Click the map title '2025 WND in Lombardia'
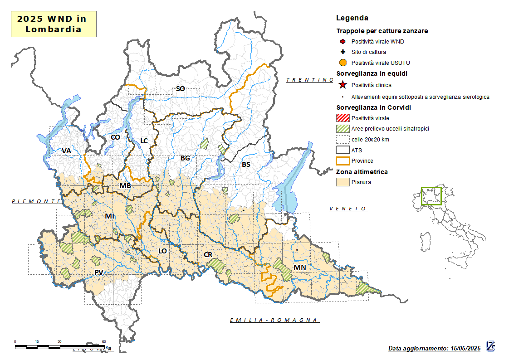(x=54, y=24)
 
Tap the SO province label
(x=180, y=89)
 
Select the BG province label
(x=185, y=158)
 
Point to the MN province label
(x=299, y=268)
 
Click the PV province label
(x=99, y=272)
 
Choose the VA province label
(x=66, y=151)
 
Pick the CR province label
(x=208, y=255)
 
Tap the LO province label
(x=162, y=251)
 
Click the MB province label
(x=125, y=186)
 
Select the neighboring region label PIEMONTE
(x=36, y=201)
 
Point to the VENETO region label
(x=348, y=209)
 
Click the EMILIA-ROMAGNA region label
(x=274, y=320)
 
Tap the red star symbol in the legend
(x=343, y=85)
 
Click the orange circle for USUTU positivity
(x=343, y=63)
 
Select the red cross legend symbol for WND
(x=343, y=42)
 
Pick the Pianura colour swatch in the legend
(x=343, y=182)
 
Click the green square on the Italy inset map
(x=431, y=196)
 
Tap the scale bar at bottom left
(x=61, y=347)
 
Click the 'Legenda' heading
(x=352, y=18)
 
